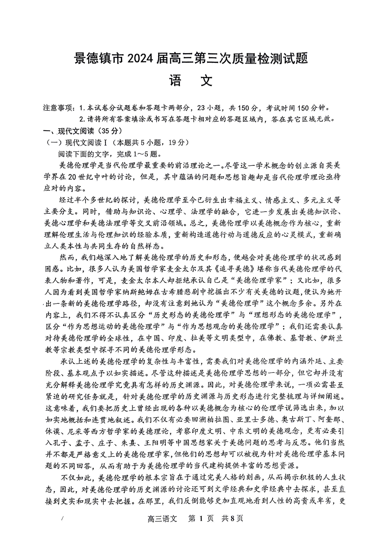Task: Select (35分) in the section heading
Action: click(x=101, y=131)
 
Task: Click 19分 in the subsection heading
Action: click(x=175, y=143)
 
